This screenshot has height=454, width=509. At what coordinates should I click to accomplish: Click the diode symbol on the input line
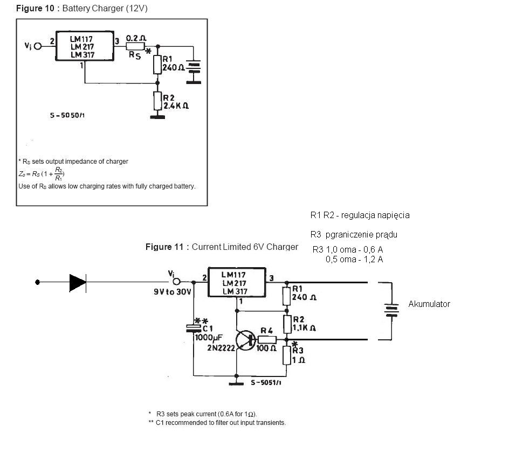78,283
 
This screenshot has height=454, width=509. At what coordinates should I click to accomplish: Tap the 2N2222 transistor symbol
246,340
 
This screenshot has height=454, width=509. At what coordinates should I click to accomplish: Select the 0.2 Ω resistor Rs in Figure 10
135,46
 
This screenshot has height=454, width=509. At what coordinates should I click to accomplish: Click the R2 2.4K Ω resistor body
157,101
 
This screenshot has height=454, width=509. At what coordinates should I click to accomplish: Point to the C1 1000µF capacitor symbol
194,328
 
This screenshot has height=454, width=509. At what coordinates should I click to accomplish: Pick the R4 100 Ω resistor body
267,340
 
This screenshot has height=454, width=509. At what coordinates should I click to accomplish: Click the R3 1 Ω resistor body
287,355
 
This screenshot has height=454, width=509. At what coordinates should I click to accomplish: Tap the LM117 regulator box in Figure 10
85,46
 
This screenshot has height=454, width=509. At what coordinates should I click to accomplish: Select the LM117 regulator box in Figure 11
237,282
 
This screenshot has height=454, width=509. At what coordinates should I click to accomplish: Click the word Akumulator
429,304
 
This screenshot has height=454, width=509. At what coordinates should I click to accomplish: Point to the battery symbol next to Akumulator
391,310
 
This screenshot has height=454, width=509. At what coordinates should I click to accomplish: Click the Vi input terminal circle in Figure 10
38,46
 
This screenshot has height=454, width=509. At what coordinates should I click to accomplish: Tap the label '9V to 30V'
173,292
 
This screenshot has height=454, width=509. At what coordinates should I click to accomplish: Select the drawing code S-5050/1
67,115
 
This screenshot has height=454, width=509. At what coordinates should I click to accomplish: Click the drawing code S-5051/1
266,383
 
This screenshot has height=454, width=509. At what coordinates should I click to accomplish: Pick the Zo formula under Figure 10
42,174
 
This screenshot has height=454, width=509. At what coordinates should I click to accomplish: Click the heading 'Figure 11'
164,247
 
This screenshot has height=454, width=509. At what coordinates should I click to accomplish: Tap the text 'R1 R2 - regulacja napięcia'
360,215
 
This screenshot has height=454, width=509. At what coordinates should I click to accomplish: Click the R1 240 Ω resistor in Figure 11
286,296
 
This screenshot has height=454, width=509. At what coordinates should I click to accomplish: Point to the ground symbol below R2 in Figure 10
157,117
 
